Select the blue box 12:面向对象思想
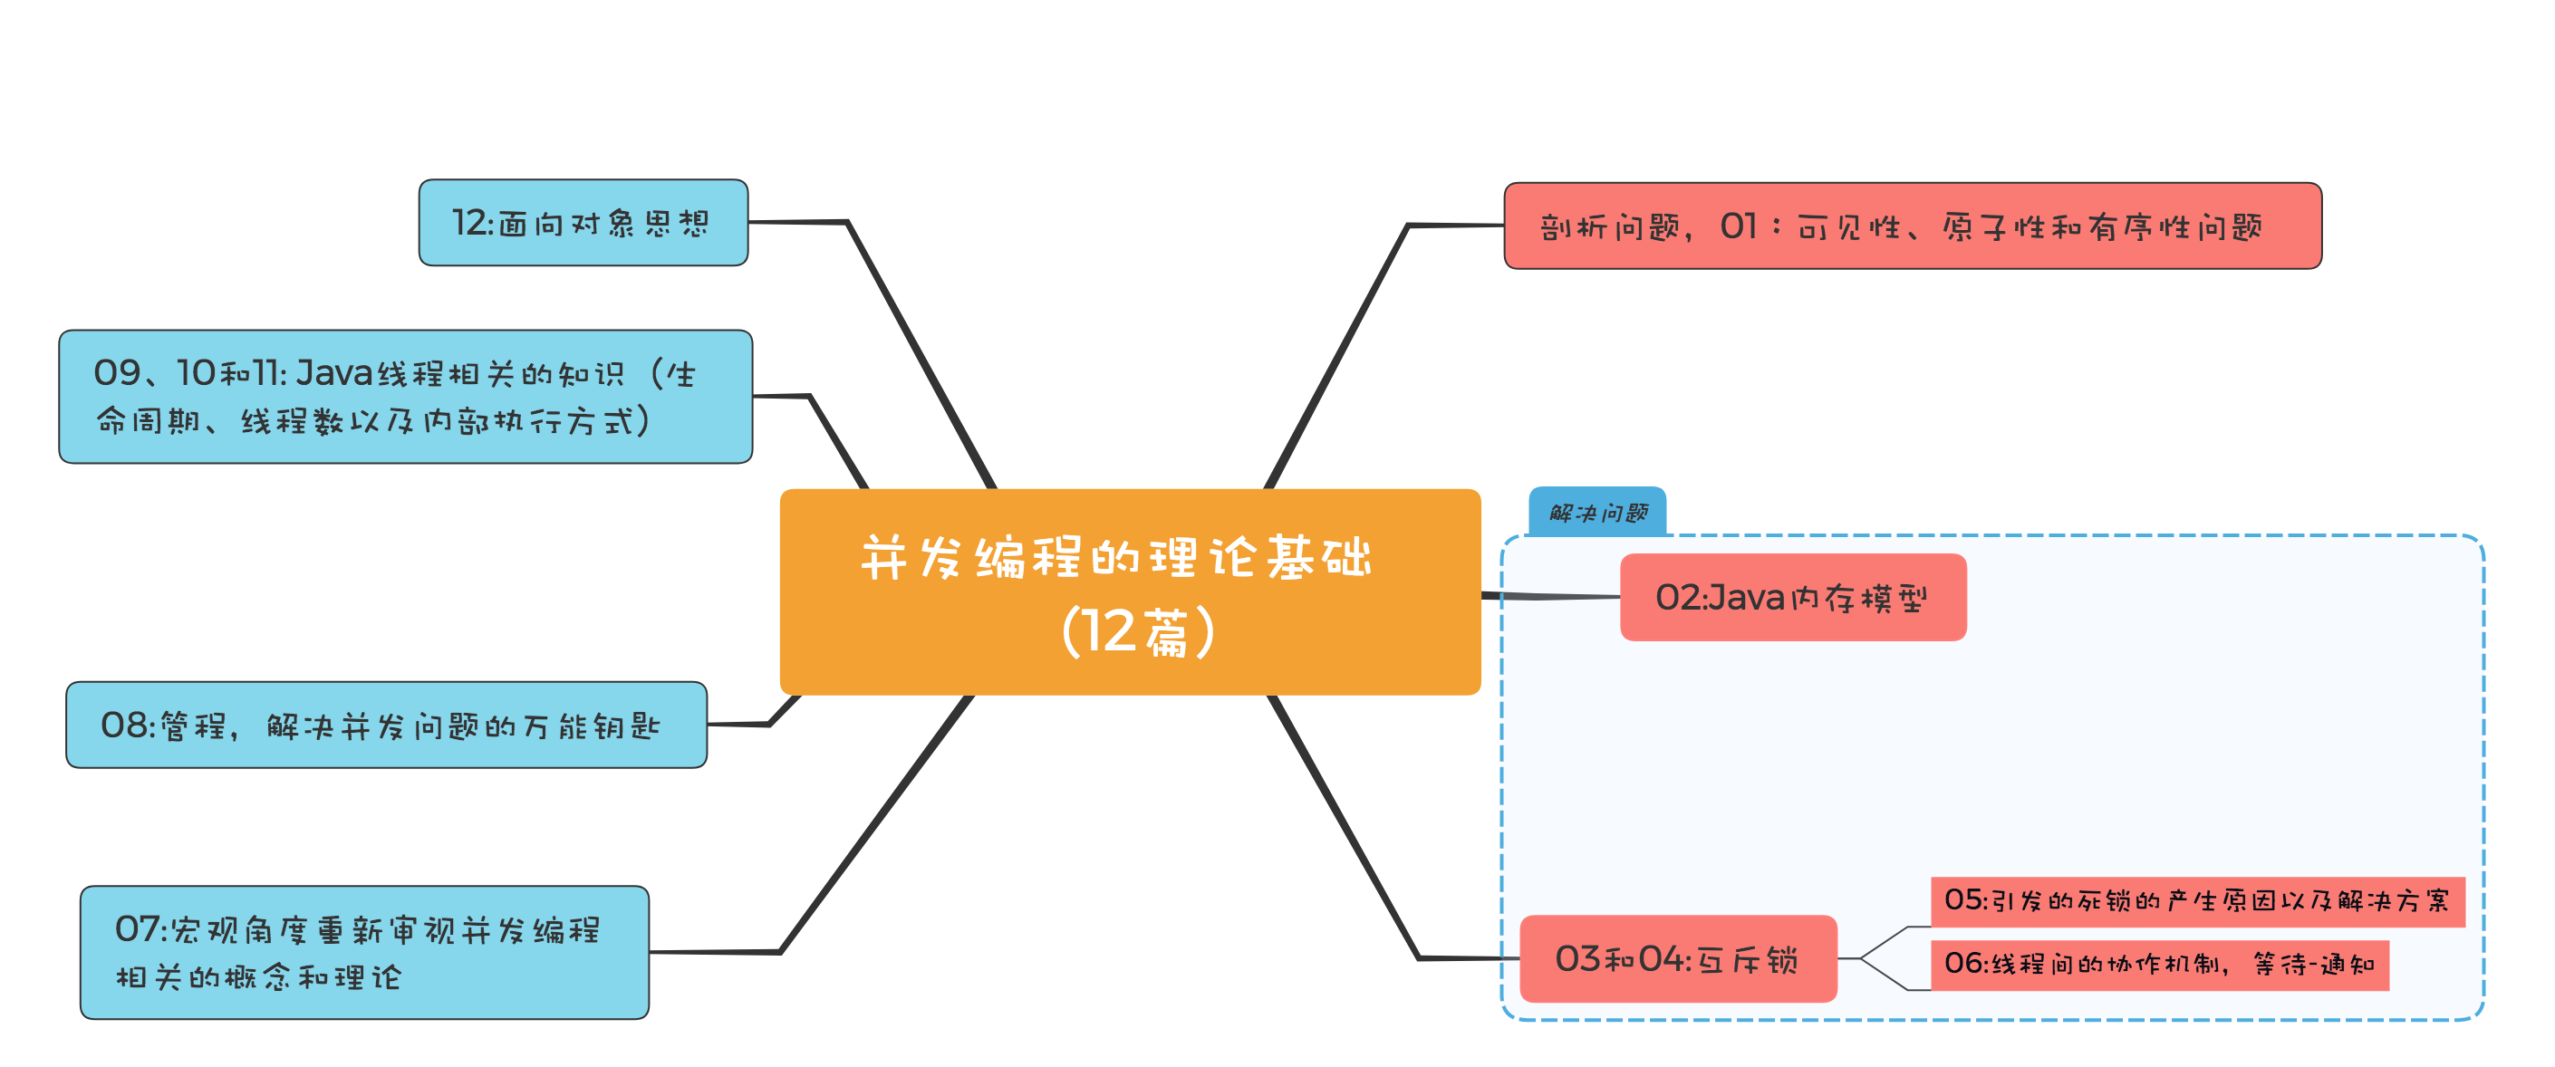[583, 223]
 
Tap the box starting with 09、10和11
[405, 397]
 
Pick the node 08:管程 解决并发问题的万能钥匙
[386, 725]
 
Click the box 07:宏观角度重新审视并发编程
[364, 952]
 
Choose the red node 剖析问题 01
[1912, 226]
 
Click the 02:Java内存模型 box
[1792, 597]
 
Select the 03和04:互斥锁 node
[1677, 958]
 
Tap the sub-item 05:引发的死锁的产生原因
[2196, 900]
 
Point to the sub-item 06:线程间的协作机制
[2158, 964]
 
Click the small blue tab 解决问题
[1596, 512]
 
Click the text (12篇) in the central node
[1138, 631]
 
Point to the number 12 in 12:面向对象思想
[469, 223]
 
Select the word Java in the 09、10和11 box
[334, 373]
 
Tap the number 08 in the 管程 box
[124, 725]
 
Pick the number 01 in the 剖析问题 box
[1738, 226]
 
